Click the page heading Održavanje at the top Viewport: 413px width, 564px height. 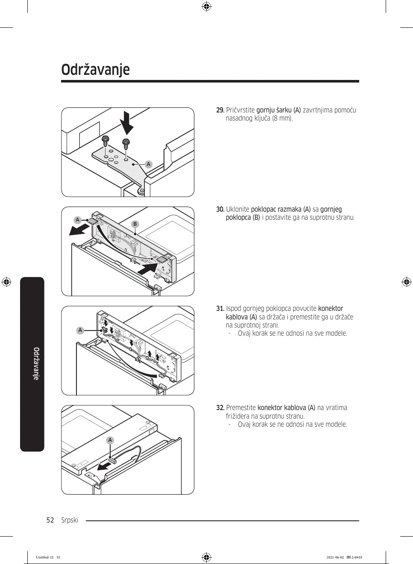[95, 69]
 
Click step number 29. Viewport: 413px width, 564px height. [220, 110]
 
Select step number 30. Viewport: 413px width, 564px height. [220, 210]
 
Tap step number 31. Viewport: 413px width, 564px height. [220, 309]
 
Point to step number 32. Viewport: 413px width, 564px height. [220, 408]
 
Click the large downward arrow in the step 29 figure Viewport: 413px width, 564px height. [127, 122]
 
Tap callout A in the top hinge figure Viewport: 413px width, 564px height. [149, 164]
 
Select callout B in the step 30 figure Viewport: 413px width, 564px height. [135, 224]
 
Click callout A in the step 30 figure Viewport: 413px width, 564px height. [77, 220]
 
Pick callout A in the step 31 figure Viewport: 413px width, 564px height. [80, 330]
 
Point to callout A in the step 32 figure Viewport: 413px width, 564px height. [110, 440]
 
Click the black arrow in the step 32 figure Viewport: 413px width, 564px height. [104, 466]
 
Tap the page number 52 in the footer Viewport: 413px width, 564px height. [50, 520]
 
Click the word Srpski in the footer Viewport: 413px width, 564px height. [70, 520]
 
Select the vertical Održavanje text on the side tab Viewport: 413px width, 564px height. [36, 363]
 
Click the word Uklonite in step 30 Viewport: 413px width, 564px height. [237, 210]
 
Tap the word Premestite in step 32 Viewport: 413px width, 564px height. [241, 408]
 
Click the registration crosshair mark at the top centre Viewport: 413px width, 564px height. [206, 6]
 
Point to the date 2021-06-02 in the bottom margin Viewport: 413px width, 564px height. [335, 557]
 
